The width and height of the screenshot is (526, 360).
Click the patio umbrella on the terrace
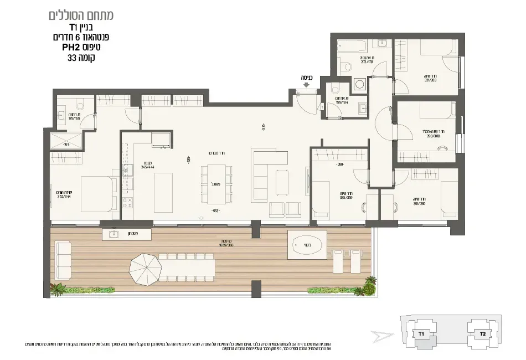pyautogui.click(x=145, y=269)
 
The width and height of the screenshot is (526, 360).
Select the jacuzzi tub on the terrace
pyautogui.click(x=306, y=244)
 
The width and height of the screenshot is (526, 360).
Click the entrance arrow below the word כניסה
pyautogui.click(x=306, y=85)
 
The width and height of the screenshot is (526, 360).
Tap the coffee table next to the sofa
pyautogui.click(x=282, y=182)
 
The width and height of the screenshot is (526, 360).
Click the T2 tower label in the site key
pyautogui.click(x=482, y=334)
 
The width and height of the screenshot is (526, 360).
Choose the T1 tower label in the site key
pyautogui.click(x=421, y=334)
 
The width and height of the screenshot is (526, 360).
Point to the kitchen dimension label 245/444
pyautogui.click(x=132, y=167)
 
